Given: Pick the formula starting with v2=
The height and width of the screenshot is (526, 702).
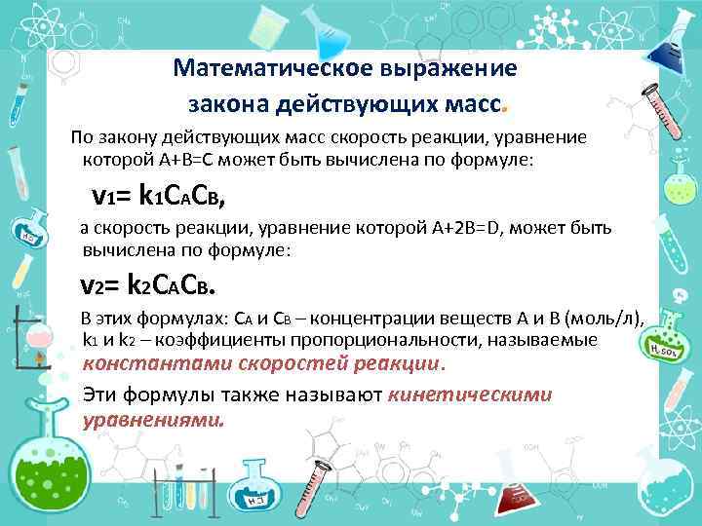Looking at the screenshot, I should click(x=147, y=283).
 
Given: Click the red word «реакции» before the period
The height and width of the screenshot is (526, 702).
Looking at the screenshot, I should click(x=401, y=363).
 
